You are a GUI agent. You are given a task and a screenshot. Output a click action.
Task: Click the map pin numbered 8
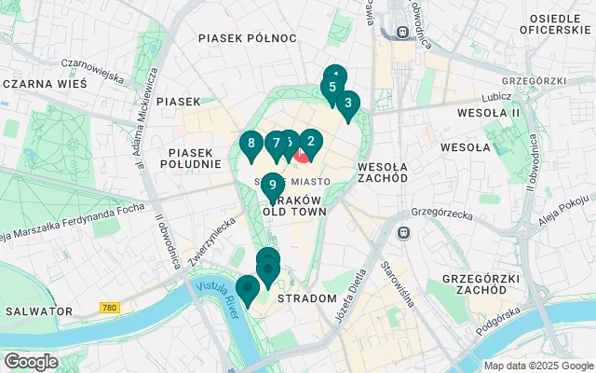click(250, 144)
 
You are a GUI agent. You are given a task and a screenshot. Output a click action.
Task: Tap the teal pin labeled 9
click(272, 184)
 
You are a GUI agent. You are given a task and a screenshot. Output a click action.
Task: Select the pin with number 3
click(347, 104)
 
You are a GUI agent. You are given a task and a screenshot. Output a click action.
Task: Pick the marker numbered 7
click(276, 144)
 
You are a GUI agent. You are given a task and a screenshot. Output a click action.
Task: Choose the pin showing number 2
click(310, 142)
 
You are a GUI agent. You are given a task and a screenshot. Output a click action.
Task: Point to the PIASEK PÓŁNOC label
click(247, 38)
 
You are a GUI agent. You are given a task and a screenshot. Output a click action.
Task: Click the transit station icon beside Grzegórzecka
click(404, 232)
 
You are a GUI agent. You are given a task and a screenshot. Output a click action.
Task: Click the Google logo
click(31, 361)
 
